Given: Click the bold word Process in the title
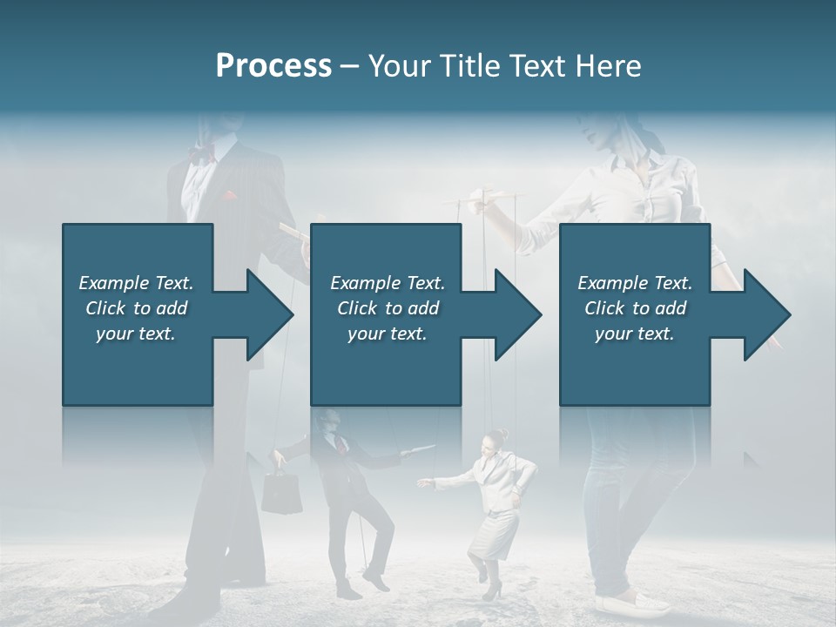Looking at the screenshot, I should click(x=273, y=66).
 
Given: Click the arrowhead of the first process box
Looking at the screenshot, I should click(x=266, y=314).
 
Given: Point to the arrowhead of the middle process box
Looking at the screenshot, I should click(x=515, y=314).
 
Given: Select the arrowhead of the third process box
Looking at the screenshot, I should click(x=764, y=314).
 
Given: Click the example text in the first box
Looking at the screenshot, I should click(x=137, y=308).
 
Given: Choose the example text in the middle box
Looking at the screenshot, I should click(x=387, y=308).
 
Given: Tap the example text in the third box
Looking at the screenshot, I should click(x=635, y=308).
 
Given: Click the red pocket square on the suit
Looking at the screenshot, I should click(x=231, y=194).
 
